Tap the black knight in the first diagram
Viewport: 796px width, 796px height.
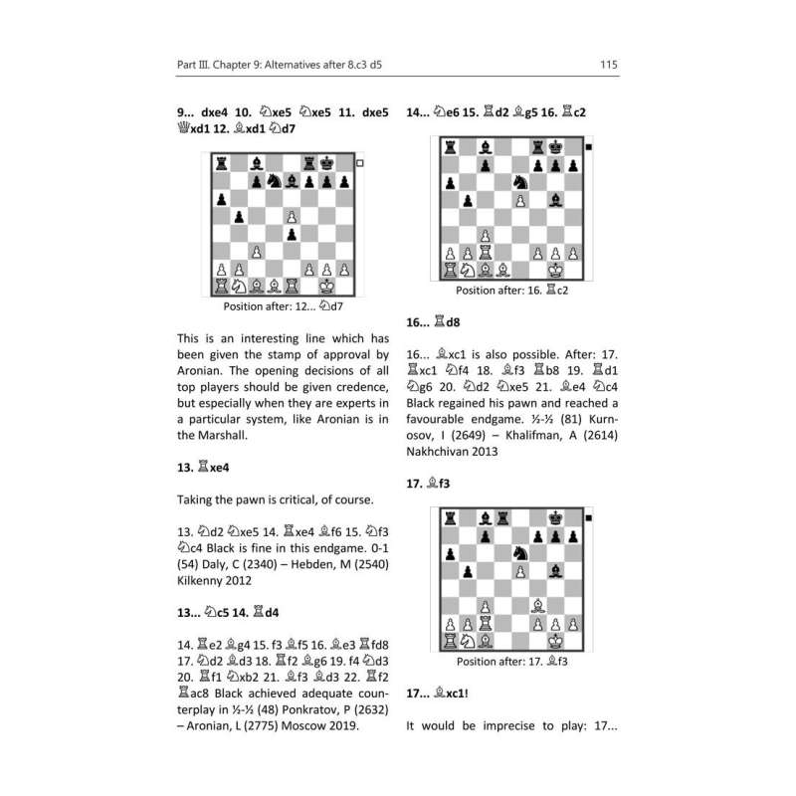pos(275,181)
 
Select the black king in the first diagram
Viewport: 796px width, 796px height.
pos(328,162)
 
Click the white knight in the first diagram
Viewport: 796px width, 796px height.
pos(238,287)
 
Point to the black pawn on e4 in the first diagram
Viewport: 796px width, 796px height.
pos(293,234)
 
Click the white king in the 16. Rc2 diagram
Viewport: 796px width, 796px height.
pos(556,269)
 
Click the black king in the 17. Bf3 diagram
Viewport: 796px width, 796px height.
pos(556,516)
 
